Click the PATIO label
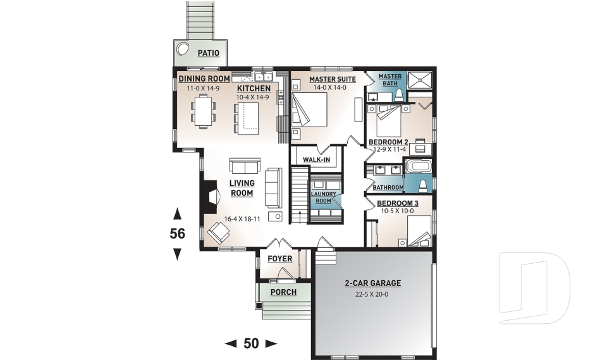[x=208, y=53]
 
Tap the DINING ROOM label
[x=199, y=78]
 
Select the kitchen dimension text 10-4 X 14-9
[x=253, y=97]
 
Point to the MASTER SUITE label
[x=332, y=79]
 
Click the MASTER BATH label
[x=389, y=80]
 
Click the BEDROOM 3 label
[x=398, y=203]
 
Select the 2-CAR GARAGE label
[x=372, y=283]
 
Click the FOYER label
[x=279, y=259]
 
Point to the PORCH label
[x=284, y=292]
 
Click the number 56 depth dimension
[x=177, y=233]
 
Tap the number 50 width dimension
[x=251, y=344]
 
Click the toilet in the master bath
[x=399, y=95]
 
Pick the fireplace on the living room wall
[x=209, y=197]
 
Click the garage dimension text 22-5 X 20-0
[x=372, y=294]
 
